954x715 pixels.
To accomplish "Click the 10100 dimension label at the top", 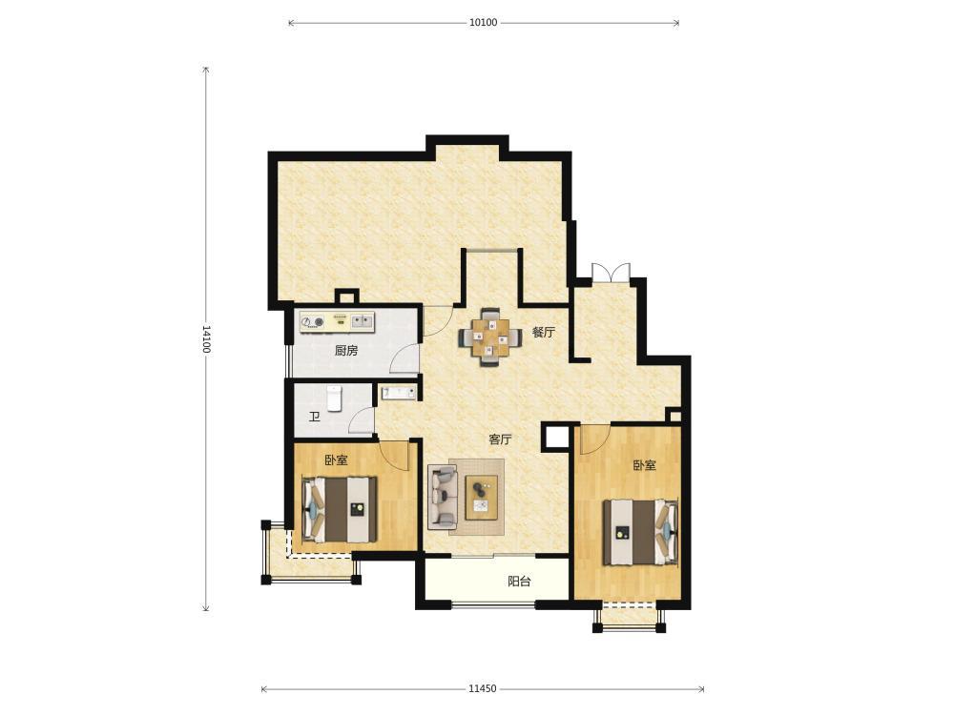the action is (483, 23).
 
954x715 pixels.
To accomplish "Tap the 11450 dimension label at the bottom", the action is (483, 689).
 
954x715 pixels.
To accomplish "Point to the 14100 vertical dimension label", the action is (206, 339).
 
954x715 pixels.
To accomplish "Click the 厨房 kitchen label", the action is (346, 350).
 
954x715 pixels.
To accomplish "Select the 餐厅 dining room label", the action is (544, 333).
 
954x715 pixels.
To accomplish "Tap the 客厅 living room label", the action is (500, 439).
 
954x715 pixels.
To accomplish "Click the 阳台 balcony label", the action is (519, 582).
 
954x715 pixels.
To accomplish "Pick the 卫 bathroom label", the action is (315, 418).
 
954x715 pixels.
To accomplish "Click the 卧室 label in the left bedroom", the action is (336, 460).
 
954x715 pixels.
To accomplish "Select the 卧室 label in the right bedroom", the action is (644, 466).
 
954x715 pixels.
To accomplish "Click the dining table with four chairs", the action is (490, 337).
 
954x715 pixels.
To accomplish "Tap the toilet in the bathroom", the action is (334, 398).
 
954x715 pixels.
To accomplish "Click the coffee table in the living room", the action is (482, 498).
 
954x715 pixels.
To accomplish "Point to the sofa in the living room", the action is (443, 496).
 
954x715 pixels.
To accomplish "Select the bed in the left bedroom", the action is (341, 509).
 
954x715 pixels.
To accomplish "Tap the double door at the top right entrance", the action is (611, 272).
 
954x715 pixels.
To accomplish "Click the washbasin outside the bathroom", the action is (399, 393).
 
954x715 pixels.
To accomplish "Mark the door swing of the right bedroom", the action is (595, 439).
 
